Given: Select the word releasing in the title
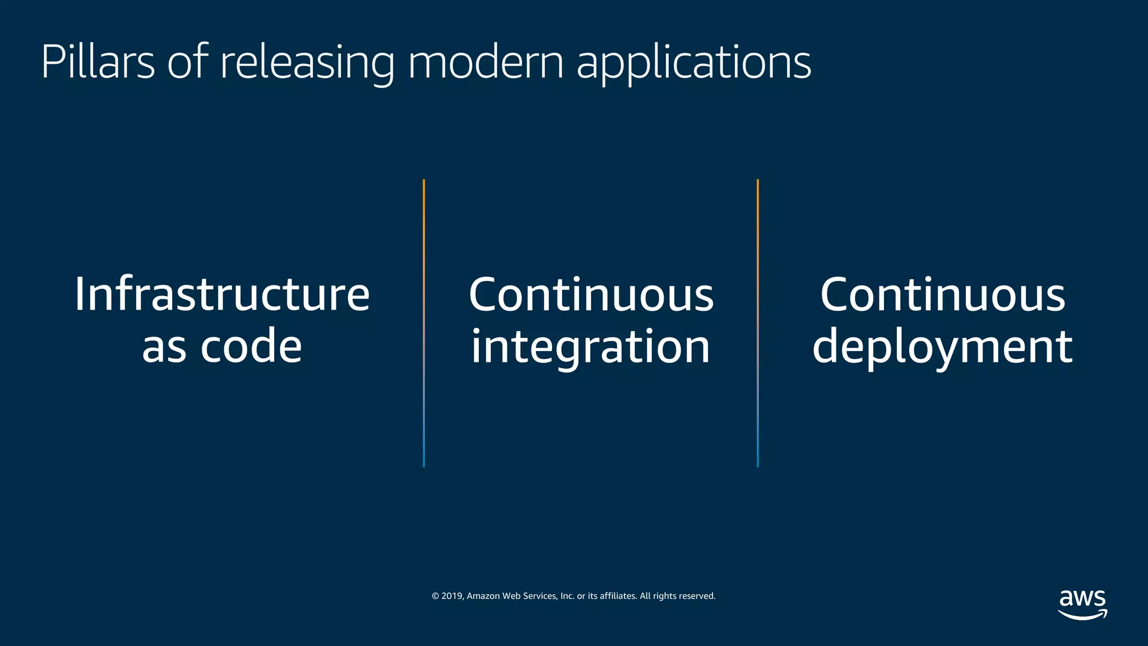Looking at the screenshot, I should [307, 63].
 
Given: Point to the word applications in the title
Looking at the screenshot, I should [693, 63].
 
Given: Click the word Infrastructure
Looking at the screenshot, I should [222, 294].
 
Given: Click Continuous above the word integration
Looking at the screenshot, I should [591, 294].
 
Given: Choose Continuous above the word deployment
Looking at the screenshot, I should [942, 294].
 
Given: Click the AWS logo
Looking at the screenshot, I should [1082, 605].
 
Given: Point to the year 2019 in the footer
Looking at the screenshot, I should [451, 596].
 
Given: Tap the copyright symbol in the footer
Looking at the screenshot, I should [435, 596].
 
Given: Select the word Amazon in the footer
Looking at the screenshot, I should [483, 596].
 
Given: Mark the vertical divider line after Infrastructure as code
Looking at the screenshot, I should [424, 323].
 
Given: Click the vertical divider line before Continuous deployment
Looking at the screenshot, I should [758, 323].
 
